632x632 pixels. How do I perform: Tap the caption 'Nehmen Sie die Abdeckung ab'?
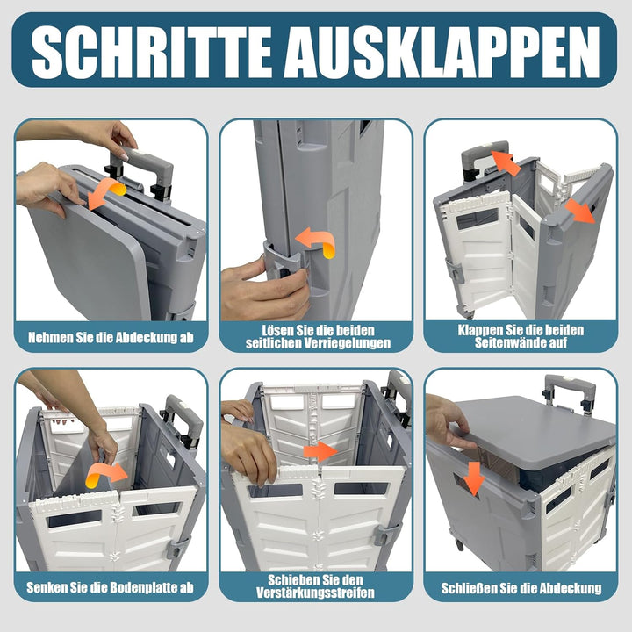111,336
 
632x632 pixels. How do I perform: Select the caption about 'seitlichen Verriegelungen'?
316,336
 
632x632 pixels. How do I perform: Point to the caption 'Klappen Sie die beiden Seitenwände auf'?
521,336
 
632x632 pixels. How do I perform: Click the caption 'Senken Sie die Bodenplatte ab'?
111,587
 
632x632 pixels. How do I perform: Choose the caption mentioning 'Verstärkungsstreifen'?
316,587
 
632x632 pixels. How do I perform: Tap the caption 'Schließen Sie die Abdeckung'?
521,587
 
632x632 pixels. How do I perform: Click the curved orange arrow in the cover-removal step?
106,193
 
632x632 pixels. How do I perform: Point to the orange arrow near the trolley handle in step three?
504,162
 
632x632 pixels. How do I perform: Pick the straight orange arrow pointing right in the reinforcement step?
320,451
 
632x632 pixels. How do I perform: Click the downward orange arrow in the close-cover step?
474,478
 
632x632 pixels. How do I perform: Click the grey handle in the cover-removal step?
146,167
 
